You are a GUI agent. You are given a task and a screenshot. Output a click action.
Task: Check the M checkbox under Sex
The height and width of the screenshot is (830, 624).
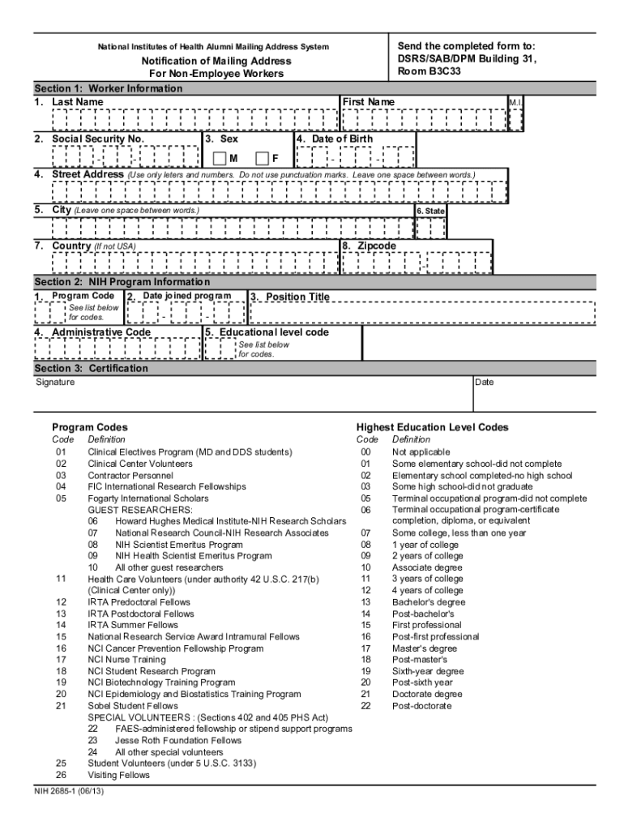point(219,158)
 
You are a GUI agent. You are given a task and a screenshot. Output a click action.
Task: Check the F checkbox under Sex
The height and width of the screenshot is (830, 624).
point(262,158)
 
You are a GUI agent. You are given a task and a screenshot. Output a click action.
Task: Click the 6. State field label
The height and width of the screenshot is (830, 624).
point(430,211)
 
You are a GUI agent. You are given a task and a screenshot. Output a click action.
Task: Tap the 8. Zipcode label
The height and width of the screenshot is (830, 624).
point(370,246)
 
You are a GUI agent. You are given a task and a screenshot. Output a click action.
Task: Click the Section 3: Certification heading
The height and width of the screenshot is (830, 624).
point(91,368)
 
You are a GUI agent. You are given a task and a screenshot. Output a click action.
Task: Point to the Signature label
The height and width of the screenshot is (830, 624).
point(55,382)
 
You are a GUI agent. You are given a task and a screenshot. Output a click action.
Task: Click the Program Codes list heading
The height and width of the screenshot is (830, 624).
point(89,427)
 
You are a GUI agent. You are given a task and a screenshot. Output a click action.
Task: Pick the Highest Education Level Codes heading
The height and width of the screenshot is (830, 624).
point(432,427)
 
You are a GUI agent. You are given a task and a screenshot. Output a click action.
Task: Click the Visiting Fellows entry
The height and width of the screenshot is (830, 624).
point(118,775)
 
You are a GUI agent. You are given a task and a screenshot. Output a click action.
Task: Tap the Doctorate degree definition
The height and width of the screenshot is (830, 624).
point(427,694)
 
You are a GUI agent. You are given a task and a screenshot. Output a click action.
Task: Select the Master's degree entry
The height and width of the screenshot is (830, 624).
point(422,648)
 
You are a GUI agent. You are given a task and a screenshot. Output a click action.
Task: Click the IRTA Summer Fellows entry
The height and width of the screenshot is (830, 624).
point(133,625)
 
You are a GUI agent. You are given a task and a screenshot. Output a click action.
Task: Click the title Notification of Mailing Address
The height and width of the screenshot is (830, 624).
point(203,61)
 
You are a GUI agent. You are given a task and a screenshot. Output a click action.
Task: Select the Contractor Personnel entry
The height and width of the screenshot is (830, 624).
point(130,475)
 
